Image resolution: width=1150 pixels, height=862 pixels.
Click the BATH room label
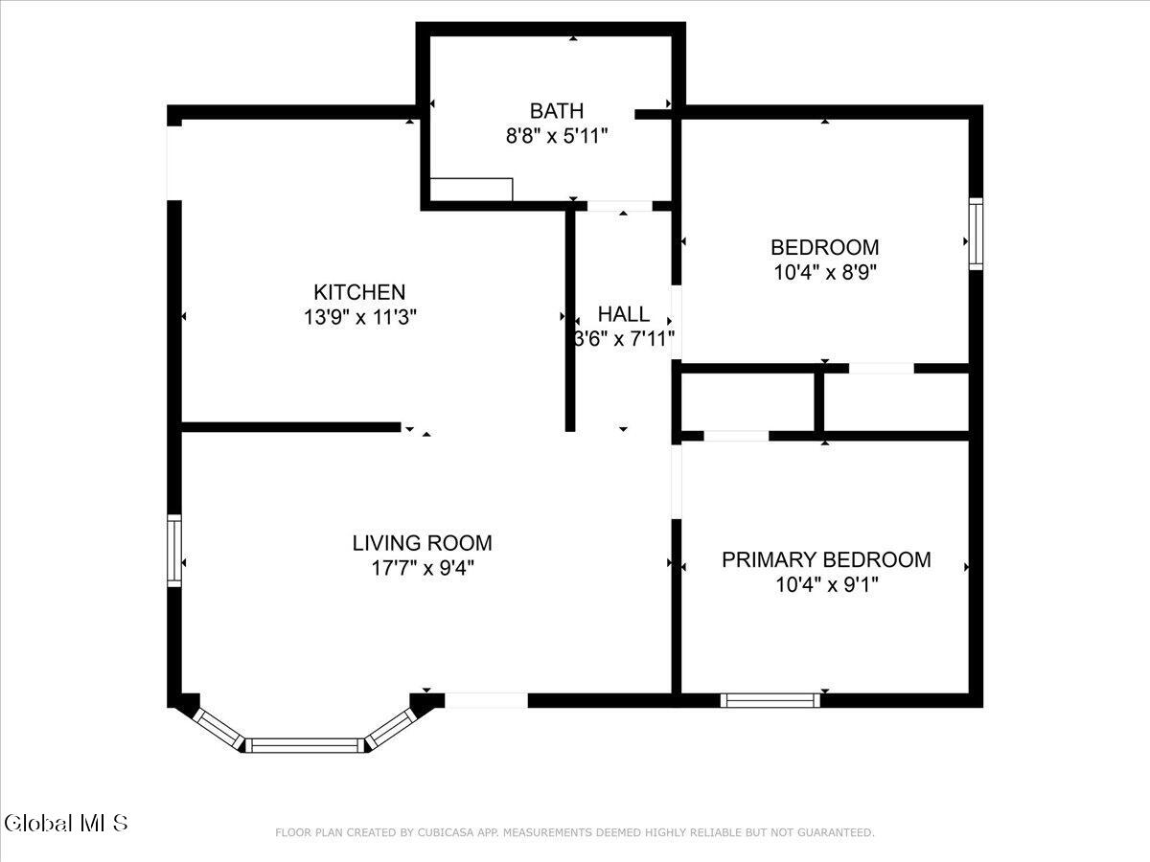557,111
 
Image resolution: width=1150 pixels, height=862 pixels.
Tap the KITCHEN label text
359,292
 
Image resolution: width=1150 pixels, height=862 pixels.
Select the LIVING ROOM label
423,543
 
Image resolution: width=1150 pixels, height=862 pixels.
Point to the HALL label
624,314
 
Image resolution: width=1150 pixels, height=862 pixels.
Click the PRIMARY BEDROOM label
827,560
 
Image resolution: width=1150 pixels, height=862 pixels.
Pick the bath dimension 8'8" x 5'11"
557,136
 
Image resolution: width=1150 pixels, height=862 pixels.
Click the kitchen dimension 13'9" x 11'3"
360,317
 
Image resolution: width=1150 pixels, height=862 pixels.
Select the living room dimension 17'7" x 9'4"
423,568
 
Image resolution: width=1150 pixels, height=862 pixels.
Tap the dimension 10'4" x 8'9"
825,273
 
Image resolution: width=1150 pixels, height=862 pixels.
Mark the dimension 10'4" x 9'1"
827,584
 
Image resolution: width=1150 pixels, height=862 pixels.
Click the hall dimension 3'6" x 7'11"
624,339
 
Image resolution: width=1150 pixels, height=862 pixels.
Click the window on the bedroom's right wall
976,234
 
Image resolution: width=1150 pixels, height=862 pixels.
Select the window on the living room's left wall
174,551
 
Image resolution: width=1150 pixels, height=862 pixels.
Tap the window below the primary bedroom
770,700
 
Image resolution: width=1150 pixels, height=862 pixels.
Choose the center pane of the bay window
305,745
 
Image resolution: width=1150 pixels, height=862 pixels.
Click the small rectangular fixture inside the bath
471,190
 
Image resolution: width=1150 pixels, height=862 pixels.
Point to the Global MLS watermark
66,824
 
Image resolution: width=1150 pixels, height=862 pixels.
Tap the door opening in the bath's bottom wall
620,206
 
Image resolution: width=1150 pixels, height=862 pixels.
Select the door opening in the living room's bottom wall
486,700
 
